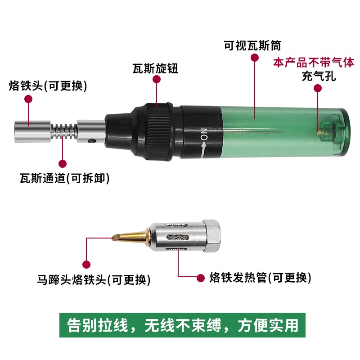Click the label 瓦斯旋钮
coord(155,68)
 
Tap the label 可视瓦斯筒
coord(252,45)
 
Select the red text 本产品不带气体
coord(314,63)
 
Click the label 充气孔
coord(319,76)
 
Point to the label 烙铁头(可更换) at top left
coord(48,86)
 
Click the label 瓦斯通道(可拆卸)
coord(64,178)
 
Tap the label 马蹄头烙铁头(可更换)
coord(94,279)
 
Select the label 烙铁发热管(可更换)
coord(261,278)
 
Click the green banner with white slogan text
coord(182,325)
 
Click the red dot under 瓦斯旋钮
coord(157,80)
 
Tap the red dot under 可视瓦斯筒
coord(255,58)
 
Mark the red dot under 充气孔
coord(318,88)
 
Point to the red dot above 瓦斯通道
coord(63,164)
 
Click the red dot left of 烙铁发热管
coord(201,278)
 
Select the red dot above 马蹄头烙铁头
coord(86,264)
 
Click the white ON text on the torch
coord(204,134)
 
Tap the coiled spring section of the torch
coord(64,131)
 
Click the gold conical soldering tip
coord(131,236)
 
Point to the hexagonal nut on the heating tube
coord(211,236)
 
